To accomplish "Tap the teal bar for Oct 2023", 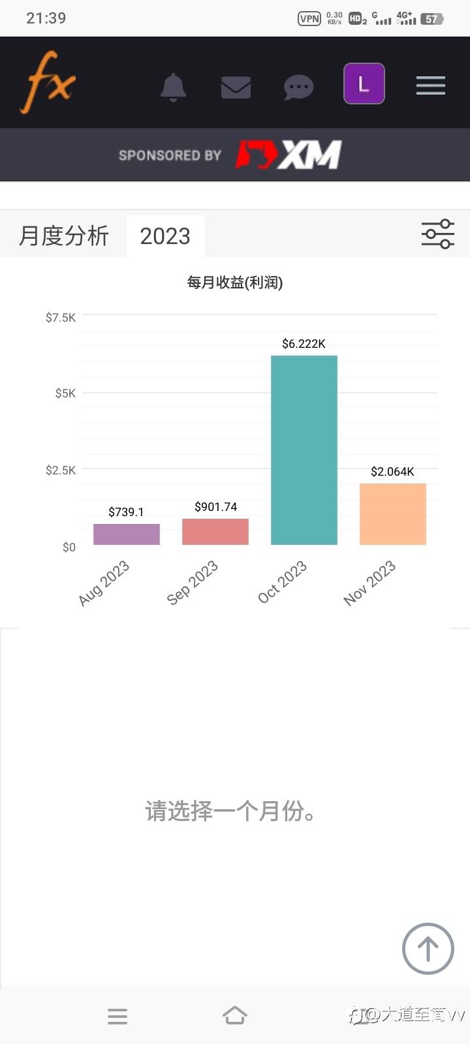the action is [x=304, y=450].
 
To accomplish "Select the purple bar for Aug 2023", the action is [x=127, y=534].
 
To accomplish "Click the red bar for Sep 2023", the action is [x=215, y=531].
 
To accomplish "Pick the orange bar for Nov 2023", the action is [x=392, y=514].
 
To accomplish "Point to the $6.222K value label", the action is [x=304, y=344].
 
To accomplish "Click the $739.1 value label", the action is [x=126, y=512].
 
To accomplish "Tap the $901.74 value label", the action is [x=215, y=506].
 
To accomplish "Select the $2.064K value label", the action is [x=392, y=472].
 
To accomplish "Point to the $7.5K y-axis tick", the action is [x=61, y=318].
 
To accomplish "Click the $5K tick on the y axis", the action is [x=65, y=393].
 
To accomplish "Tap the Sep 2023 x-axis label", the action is [x=192, y=583].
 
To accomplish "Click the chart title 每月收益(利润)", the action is [x=235, y=283].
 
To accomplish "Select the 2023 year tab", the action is [x=165, y=236].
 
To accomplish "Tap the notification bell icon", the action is [x=173, y=87].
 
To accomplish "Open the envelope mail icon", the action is [x=236, y=87].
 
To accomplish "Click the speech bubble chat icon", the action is [x=298, y=87].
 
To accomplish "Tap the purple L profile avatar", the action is [x=364, y=84].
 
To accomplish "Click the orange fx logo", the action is [x=48, y=82].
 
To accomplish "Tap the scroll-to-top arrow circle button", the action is [x=428, y=949].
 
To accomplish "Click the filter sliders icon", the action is [x=438, y=234].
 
